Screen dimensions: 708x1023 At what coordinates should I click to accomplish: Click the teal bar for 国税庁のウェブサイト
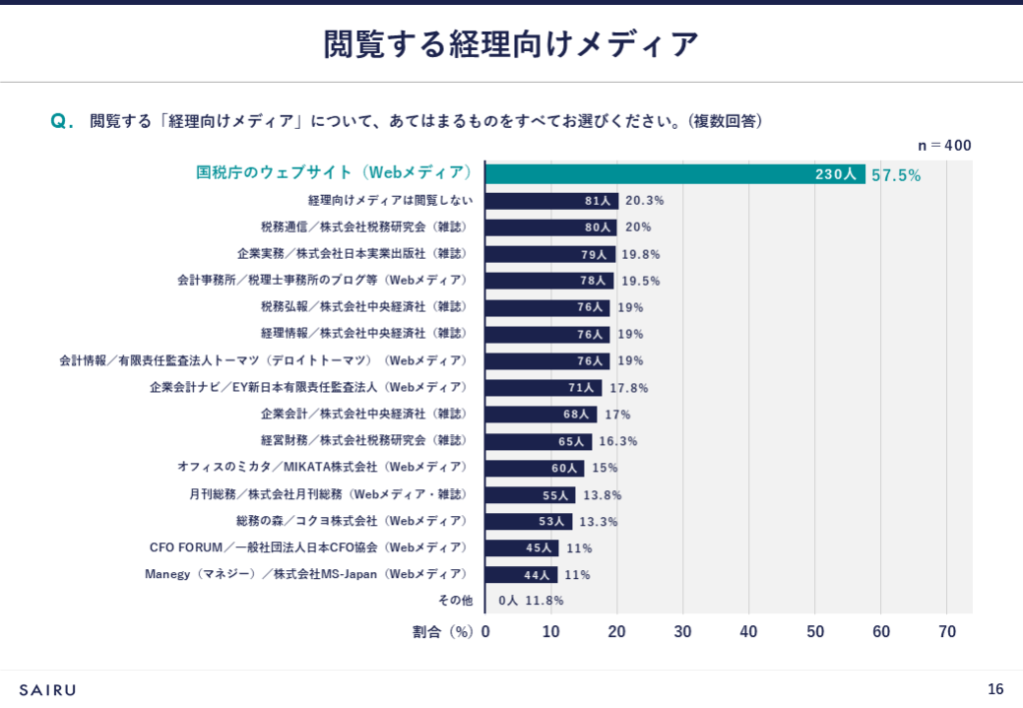point(675,174)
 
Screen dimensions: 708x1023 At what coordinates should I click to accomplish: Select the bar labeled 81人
point(551,201)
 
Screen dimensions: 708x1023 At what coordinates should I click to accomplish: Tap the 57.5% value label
point(896,175)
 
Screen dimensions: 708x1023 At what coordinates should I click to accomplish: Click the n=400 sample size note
point(944,146)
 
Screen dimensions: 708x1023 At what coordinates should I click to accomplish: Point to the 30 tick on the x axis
point(683,631)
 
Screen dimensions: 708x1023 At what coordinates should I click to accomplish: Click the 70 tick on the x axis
point(947,631)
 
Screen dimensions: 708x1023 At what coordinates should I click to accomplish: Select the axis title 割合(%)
point(442,631)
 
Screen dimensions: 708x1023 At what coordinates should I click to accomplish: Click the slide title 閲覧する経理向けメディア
point(511,44)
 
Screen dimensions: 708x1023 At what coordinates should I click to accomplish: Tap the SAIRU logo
point(47,689)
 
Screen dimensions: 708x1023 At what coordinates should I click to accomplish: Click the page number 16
point(995,689)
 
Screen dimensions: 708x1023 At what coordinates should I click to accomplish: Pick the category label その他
point(455,600)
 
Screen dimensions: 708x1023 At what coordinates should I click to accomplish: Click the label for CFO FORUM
point(308,547)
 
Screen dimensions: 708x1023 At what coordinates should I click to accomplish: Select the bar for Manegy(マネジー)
point(521,574)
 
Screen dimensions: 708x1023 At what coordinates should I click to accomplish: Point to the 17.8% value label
point(627,387)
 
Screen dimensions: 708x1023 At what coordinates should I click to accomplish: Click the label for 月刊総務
point(328,494)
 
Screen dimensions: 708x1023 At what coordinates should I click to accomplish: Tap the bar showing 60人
point(534,467)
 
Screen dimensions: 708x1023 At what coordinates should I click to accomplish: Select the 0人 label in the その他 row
point(509,600)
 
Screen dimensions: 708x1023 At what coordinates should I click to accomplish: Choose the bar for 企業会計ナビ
point(543,387)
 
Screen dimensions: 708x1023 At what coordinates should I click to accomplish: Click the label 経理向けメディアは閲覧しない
point(391,201)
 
